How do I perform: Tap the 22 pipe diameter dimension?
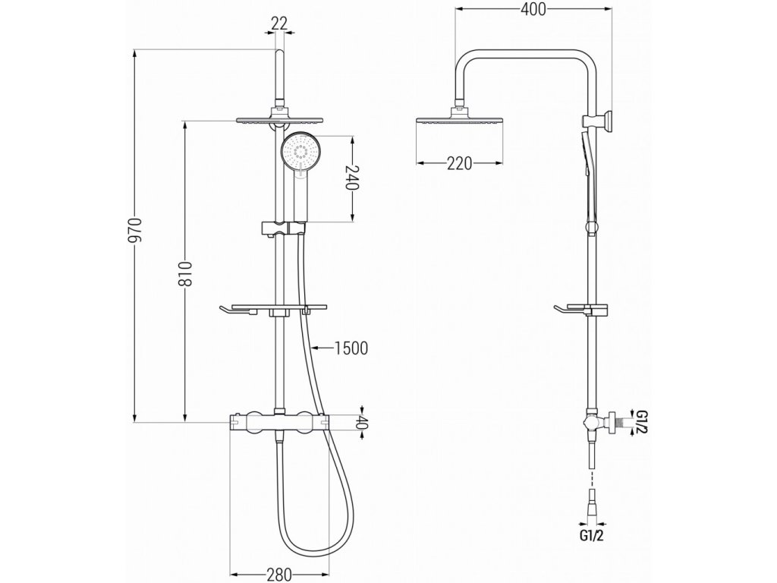pos(279,24)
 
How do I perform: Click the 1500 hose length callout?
pos(351,348)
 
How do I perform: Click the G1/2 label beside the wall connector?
pos(642,422)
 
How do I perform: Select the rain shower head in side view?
pos(460,119)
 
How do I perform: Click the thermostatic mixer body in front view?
pos(278,421)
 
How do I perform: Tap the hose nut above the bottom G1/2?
pos(591,503)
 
